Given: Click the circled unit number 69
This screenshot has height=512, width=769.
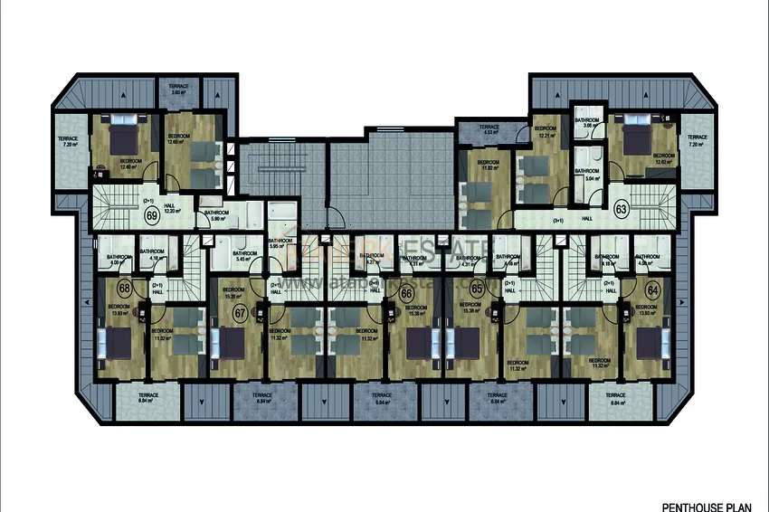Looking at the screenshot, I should point(151,215).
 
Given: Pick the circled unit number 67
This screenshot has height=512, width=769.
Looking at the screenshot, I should point(241,313).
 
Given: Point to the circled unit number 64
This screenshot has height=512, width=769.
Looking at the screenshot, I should point(652,289).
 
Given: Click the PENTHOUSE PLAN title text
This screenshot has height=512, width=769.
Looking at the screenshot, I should point(701,483).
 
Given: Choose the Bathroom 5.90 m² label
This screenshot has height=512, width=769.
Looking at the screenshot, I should point(216,215).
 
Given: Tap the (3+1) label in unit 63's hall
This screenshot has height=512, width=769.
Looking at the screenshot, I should point(560,219).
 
